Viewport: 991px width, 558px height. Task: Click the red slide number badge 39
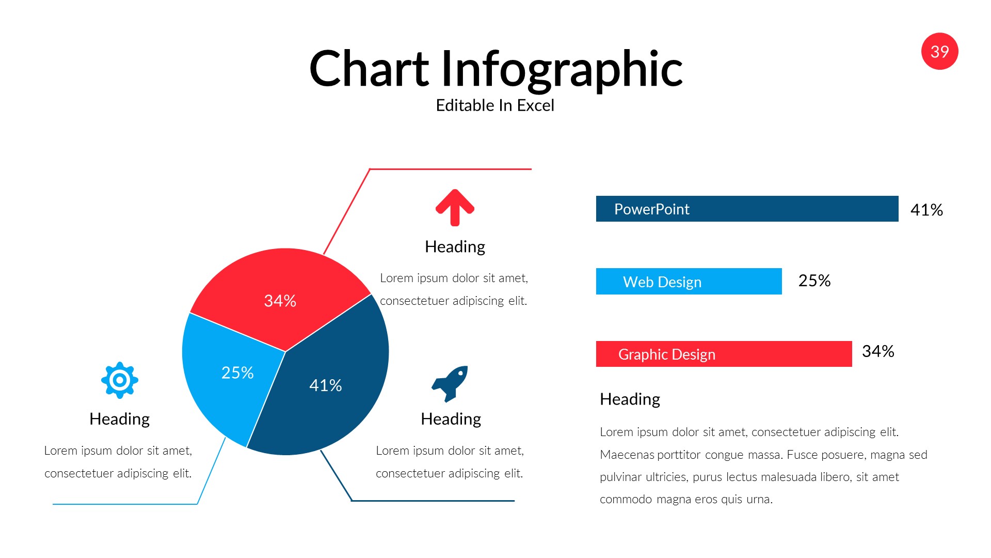pyautogui.click(x=939, y=51)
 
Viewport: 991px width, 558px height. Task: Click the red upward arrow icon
pyautogui.click(x=455, y=208)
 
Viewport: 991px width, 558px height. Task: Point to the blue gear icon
pyautogui.click(x=120, y=380)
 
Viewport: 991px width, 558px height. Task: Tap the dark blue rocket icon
pyautogui.click(x=451, y=383)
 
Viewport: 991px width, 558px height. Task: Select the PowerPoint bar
pyautogui.click(x=747, y=209)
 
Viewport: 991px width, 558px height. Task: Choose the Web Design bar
pyautogui.click(x=689, y=282)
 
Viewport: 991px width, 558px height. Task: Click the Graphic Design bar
pyautogui.click(x=724, y=354)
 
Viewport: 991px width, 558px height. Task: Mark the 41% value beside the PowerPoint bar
pyautogui.click(x=926, y=210)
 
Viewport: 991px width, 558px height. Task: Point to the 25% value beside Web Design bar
pyautogui.click(x=814, y=281)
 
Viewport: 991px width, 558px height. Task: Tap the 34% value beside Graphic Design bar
pyautogui.click(x=878, y=351)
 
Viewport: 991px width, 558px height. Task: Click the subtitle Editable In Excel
pyautogui.click(x=495, y=105)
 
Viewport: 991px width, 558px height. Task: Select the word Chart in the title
pyautogui.click(x=369, y=69)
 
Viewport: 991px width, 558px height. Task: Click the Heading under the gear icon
pyautogui.click(x=120, y=419)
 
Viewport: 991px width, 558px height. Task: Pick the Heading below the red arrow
pyautogui.click(x=455, y=246)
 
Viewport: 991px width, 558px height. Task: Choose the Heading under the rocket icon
pyautogui.click(x=451, y=419)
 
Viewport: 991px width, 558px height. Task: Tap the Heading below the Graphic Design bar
pyautogui.click(x=630, y=399)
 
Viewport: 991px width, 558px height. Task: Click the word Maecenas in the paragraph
pyautogui.click(x=624, y=455)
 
